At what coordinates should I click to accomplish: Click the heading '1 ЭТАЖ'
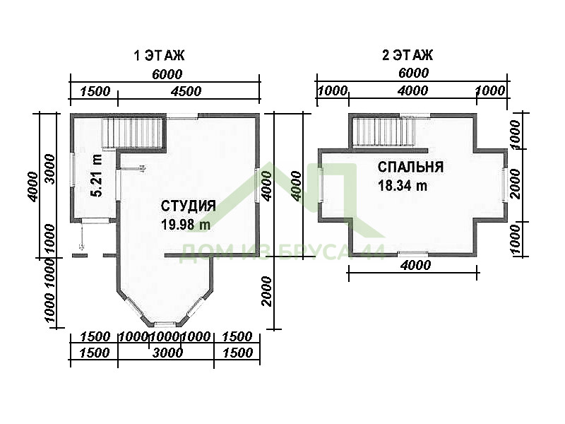(159, 56)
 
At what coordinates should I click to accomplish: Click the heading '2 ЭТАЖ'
(408, 55)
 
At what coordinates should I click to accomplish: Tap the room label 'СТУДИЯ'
(188, 206)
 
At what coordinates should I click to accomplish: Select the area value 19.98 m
(186, 225)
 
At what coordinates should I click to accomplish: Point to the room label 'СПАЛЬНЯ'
(410, 167)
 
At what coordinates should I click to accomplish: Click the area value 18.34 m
(403, 186)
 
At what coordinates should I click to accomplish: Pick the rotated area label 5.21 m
(97, 175)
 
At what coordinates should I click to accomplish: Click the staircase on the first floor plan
(134, 134)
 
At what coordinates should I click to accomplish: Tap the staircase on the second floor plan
(383, 132)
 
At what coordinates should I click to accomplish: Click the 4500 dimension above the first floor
(186, 92)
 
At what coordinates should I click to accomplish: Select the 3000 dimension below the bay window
(167, 353)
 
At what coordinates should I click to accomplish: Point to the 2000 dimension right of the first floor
(266, 291)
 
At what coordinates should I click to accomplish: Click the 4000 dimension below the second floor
(415, 266)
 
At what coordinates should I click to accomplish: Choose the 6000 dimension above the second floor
(414, 73)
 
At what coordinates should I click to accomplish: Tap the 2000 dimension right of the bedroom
(516, 184)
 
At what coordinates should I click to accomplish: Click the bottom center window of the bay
(165, 324)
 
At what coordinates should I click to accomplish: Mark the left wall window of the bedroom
(320, 184)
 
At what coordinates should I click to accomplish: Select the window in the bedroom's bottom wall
(413, 254)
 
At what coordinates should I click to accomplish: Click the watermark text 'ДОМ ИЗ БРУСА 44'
(282, 252)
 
